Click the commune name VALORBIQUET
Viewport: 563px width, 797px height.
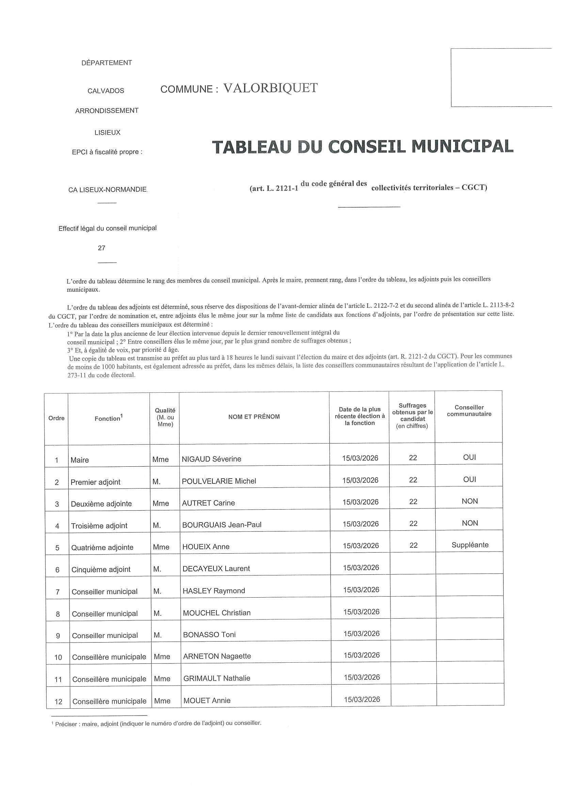click(270, 88)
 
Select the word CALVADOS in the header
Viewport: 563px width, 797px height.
click(106, 91)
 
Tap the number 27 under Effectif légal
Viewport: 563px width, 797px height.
click(101, 248)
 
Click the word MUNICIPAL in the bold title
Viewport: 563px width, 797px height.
click(463, 147)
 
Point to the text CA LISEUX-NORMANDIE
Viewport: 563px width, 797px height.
click(108, 190)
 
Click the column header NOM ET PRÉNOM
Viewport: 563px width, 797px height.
click(254, 417)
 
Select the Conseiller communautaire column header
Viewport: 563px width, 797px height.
click(469, 411)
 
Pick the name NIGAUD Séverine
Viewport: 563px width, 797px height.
click(211, 459)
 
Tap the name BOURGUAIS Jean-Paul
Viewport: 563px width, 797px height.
click(222, 525)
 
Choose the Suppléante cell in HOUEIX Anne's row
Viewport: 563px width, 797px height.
click(470, 545)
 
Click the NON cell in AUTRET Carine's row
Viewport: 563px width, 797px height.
click(470, 501)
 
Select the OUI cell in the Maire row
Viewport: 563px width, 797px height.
click(469, 457)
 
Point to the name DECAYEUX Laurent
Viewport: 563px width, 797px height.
click(216, 569)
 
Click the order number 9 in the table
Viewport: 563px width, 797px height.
click(58, 635)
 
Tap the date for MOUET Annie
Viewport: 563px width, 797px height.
click(362, 700)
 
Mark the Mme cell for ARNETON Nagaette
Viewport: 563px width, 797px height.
click(162, 657)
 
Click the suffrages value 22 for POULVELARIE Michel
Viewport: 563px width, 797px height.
click(413, 480)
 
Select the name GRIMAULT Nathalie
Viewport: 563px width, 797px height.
click(217, 678)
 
